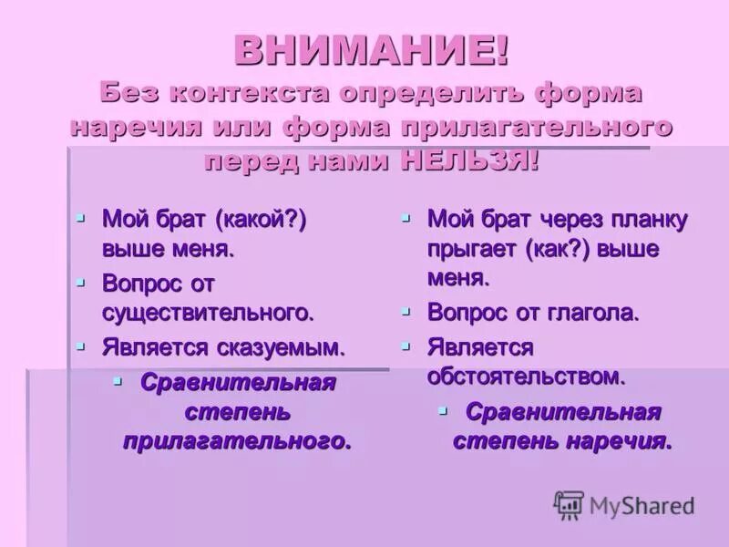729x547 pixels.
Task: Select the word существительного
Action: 208,312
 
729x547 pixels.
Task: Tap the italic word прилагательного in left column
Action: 237,441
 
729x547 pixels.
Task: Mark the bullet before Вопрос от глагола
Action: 406,311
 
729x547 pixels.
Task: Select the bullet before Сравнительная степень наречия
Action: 443,411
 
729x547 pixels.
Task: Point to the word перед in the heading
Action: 247,161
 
